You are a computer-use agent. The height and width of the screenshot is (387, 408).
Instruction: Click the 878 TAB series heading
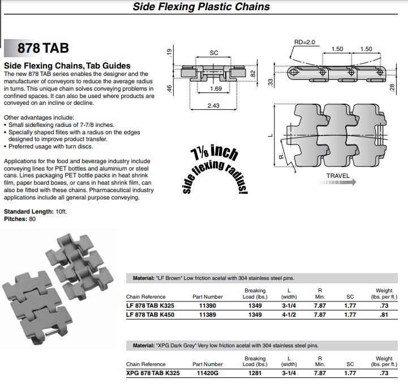click(43, 48)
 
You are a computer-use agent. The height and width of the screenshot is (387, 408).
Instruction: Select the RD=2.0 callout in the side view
click(304, 42)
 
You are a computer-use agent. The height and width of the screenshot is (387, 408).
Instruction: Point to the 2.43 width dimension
click(213, 105)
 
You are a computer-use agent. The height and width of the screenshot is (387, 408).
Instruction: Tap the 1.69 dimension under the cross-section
click(216, 88)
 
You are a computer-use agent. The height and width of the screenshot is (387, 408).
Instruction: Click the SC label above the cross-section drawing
click(214, 53)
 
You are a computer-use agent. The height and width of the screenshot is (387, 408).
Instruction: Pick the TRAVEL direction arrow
click(338, 182)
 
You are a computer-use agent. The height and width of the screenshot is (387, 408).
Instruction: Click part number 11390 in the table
click(208, 306)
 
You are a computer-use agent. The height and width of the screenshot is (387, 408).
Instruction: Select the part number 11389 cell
click(208, 315)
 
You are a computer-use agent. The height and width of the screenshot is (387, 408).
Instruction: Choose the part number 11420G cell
click(208, 373)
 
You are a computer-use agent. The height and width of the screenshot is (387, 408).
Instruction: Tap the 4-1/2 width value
click(289, 315)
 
